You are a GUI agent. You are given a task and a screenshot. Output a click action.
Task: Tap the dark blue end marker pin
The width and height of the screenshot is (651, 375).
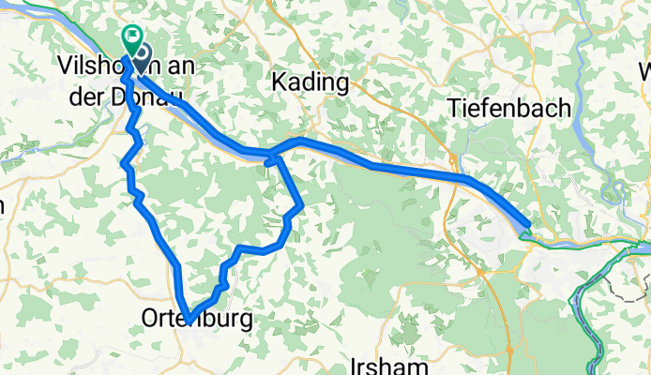pyautogui.click(x=144, y=58)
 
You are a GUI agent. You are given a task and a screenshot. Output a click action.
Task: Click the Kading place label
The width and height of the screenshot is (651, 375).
pyautogui.click(x=310, y=83)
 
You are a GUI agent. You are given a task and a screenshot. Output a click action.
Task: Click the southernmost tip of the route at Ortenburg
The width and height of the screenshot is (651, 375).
pyautogui.click(x=189, y=319)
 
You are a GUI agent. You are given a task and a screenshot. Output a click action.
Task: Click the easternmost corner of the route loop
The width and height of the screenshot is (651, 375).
pyautogui.click(x=301, y=206)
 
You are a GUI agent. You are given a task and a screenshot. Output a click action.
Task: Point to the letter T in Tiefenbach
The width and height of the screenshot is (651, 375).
pyautogui.click(x=452, y=108)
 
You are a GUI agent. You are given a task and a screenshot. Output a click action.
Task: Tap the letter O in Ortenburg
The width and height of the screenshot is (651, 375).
pyautogui.click(x=150, y=320)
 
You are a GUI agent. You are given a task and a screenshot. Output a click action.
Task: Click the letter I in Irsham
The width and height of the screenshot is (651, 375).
pyautogui.click(x=352, y=364)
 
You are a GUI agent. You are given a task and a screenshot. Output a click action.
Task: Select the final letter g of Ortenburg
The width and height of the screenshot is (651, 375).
pyautogui.click(x=246, y=322)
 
